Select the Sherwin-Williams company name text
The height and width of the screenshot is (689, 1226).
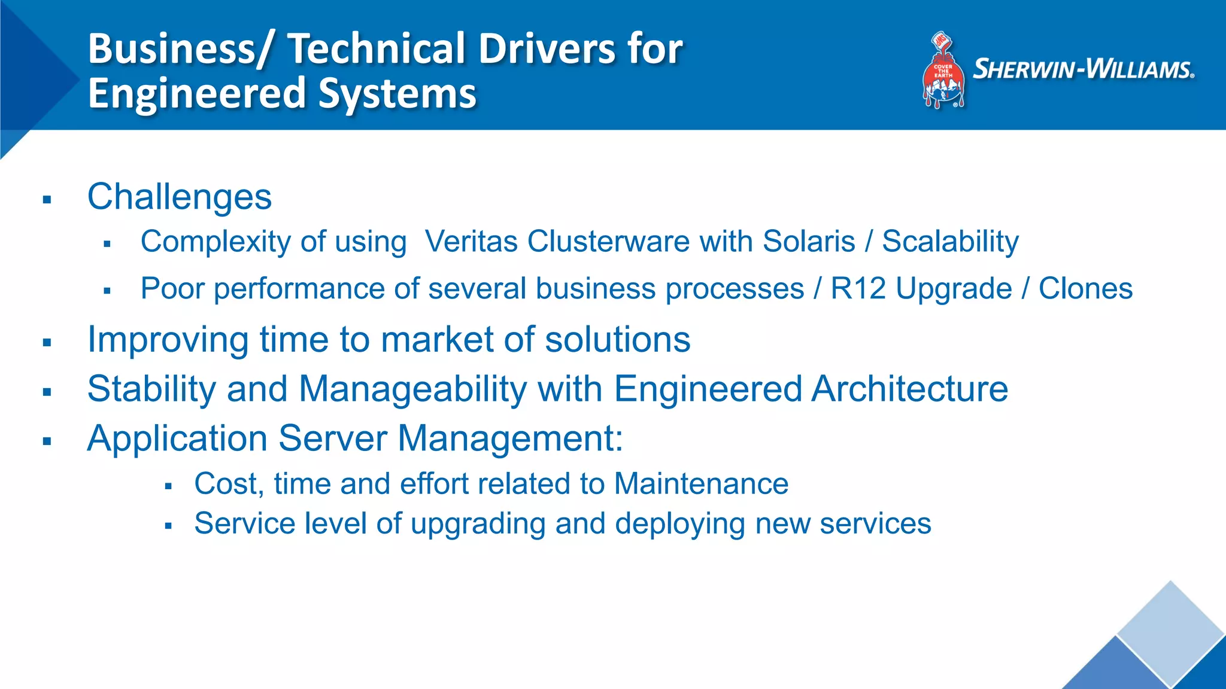pos(1083,69)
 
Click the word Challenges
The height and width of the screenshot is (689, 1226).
pos(180,197)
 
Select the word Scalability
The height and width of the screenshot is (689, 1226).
pos(950,242)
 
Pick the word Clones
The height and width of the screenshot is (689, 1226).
pos(1085,289)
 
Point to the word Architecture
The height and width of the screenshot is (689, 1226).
pos(909,389)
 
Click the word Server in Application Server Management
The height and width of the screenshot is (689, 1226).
pos(333,438)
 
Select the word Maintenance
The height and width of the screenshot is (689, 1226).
pos(701,483)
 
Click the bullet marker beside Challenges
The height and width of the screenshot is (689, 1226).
pos(47,200)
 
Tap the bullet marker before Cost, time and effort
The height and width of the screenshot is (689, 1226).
pos(168,486)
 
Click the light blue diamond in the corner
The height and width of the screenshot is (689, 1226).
pos(1170,631)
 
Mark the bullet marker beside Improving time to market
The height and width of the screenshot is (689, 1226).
pos(47,343)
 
